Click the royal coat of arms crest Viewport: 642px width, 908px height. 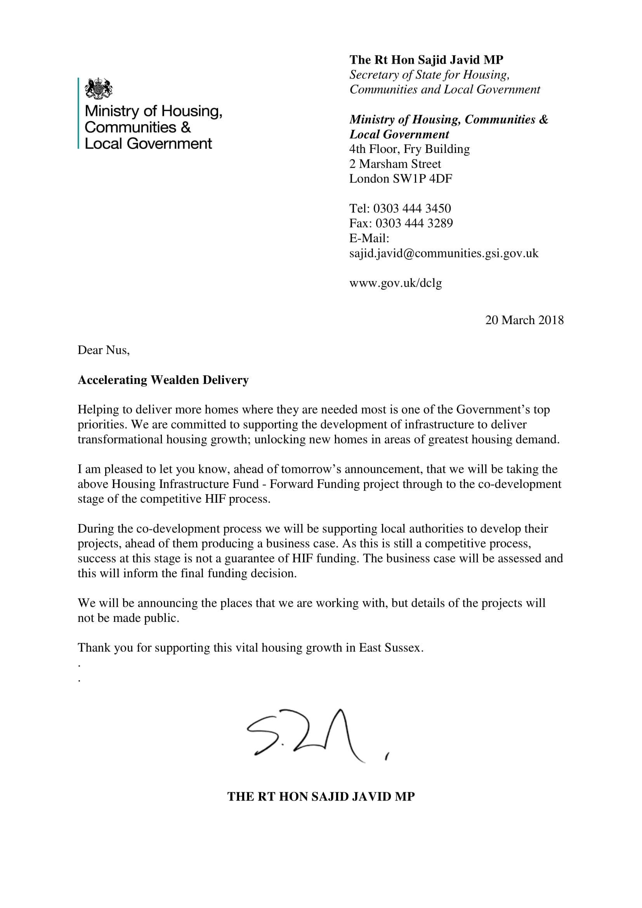[x=99, y=89]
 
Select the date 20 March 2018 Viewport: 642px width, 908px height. [x=524, y=320]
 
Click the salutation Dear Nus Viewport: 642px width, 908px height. [x=104, y=350]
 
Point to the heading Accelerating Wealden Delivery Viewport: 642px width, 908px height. [x=163, y=380]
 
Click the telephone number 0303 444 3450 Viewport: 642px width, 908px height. [x=412, y=208]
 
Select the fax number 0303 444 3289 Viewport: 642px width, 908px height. [x=414, y=224]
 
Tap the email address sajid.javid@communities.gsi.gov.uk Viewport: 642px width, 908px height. [x=444, y=253]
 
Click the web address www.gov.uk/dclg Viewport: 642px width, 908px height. [x=395, y=283]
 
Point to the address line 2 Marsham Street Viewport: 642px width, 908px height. [x=395, y=164]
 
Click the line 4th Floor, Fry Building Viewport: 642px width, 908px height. [x=409, y=149]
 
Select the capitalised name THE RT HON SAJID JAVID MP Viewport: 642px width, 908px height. [x=321, y=796]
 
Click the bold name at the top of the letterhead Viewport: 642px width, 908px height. [x=426, y=60]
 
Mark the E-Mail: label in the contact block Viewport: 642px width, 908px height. [x=369, y=238]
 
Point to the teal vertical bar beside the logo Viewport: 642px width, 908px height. [x=78, y=113]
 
